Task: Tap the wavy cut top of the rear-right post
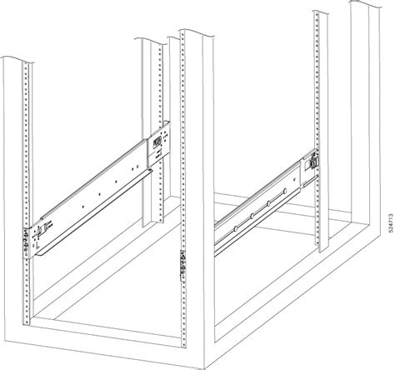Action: tap(329, 13)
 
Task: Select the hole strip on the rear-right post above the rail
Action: tap(317, 83)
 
